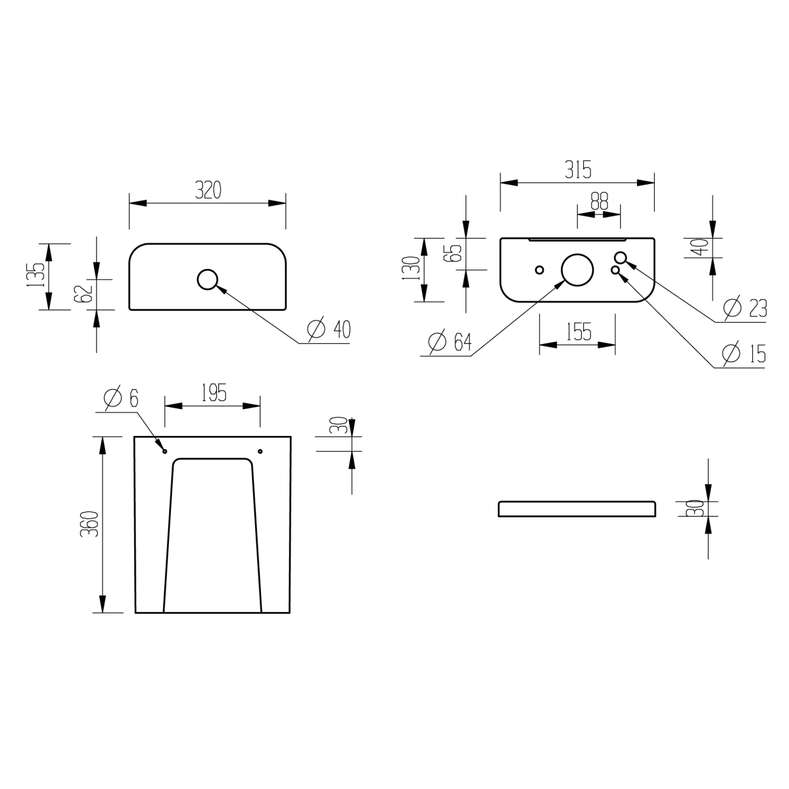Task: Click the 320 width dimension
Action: click(x=208, y=190)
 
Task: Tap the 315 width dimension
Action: click(x=578, y=170)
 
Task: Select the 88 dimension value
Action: click(x=600, y=201)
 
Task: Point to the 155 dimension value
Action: click(x=579, y=331)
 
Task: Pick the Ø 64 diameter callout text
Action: click(x=450, y=342)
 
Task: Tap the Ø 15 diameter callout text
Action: click(x=744, y=353)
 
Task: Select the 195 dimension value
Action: click(x=214, y=393)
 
